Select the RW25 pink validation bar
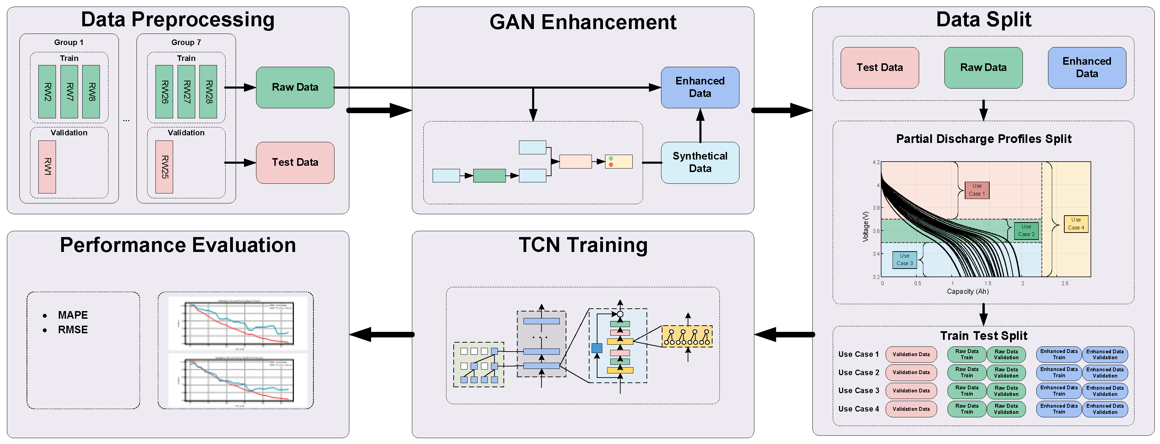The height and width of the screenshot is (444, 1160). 164,167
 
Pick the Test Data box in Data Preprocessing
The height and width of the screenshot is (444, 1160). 295,162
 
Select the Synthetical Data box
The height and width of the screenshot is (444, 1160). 700,162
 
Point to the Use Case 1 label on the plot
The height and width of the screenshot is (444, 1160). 977,190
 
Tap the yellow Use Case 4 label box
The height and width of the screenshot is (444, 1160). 1076,224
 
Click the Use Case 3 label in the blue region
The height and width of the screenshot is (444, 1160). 905,260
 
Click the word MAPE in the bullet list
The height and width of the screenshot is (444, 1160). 73,315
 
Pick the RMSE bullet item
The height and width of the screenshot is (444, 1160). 73,329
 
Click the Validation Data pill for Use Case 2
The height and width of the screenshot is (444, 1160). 911,372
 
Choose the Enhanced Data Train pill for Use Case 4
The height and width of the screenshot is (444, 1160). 1059,409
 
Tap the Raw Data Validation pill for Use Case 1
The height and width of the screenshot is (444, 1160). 1006,354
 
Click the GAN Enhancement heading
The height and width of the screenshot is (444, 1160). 583,22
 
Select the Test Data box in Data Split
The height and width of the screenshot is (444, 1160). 879,67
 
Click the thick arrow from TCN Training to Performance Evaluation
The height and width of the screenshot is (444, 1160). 381,334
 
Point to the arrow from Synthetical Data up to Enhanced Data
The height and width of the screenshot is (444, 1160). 700,125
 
